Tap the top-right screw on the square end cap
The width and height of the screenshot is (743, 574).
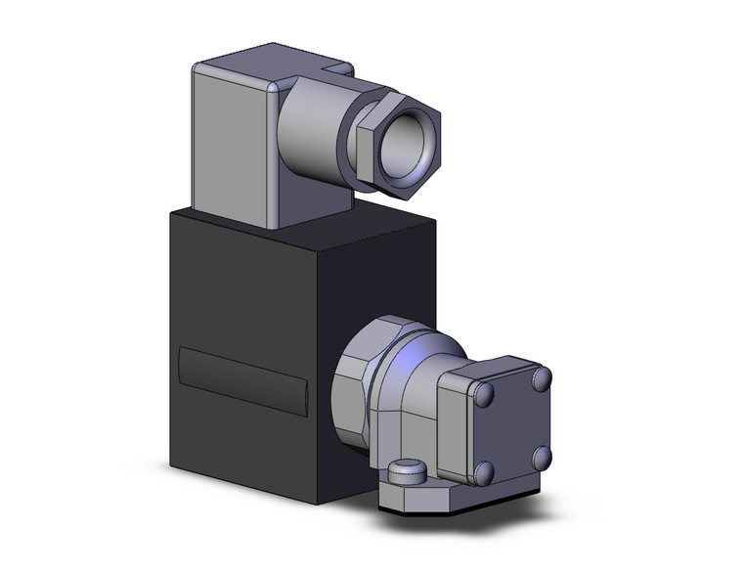[541, 377]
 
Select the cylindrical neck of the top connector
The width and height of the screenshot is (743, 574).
[311, 132]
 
